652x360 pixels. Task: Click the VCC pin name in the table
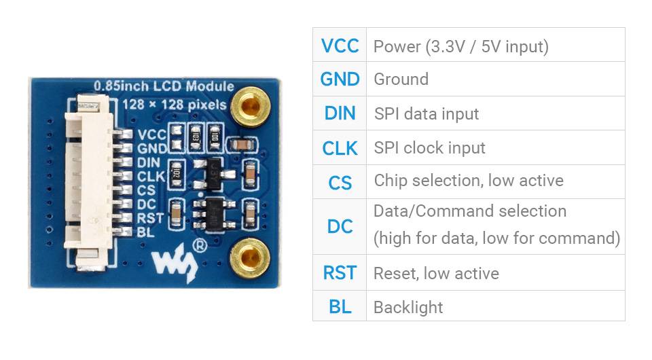point(340,46)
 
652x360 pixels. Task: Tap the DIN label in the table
point(340,113)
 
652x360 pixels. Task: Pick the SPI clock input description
point(429,148)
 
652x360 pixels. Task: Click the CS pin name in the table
point(340,182)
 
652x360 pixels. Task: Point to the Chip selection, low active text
point(468,181)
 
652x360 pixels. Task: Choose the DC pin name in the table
point(340,226)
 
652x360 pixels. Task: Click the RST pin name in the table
point(340,273)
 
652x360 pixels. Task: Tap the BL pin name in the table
point(340,307)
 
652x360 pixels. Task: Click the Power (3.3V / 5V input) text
point(460,46)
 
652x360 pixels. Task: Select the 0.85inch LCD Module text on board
point(163,86)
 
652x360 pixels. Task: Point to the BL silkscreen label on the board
point(144,232)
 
